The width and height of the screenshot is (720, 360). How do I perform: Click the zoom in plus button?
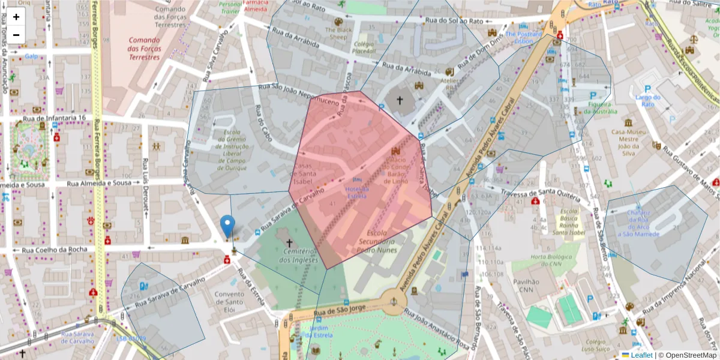pyautogui.click(x=16, y=17)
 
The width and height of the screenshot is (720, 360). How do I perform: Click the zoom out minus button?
pyautogui.click(x=16, y=34)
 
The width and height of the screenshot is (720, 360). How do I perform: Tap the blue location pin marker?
pyautogui.click(x=227, y=226)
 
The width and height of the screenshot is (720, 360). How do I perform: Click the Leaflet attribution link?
pyautogui.click(x=641, y=355)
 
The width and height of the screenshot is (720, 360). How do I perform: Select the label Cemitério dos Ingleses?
pyautogui.click(x=289, y=256)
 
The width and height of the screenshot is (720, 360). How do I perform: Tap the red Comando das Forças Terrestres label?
pyautogui.click(x=144, y=49)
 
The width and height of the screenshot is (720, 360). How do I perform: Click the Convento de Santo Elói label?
pyautogui.click(x=229, y=298)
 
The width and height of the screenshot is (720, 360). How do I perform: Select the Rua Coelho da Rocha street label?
pyautogui.click(x=55, y=250)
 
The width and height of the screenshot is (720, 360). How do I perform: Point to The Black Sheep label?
pyautogui.click(x=336, y=33)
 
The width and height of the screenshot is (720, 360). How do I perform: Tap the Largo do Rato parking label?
pyautogui.click(x=648, y=101)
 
